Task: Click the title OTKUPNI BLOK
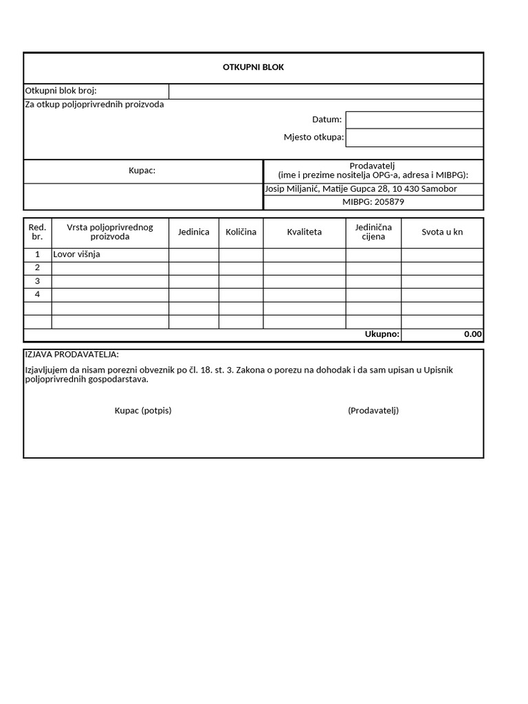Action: pyautogui.click(x=253, y=67)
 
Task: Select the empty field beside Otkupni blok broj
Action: pyautogui.click(x=326, y=91)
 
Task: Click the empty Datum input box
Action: pyautogui.click(x=414, y=120)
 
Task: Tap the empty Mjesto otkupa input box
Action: pyautogui.click(x=414, y=137)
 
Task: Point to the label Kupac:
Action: pyautogui.click(x=142, y=170)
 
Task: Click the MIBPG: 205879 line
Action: pyautogui.click(x=373, y=202)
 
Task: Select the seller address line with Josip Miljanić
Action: pyautogui.click(x=360, y=188)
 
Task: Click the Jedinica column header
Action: pyautogui.click(x=194, y=232)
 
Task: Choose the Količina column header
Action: pyautogui.click(x=241, y=232)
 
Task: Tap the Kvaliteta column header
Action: pyautogui.click(x=304, y=232)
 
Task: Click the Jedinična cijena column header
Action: pyautogui.click(x=373, y=232)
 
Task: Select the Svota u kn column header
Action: pyautogui.click(x=442, y=232)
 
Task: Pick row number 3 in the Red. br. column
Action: pyautogui.click(x=38, y=281)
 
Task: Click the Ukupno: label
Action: pyautogui.click(x=382, y=335)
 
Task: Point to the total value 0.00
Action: pyautogui.click(x=472, y=335)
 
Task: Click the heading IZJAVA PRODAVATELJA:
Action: pyautogui.click(x=71, y=355)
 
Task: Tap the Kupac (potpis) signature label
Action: pyautogui.click(x=143, y=410)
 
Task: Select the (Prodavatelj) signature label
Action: pyautogui.click(x=373, y=410)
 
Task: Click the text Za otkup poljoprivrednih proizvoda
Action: pyautogui.click(x=94, y=104)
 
